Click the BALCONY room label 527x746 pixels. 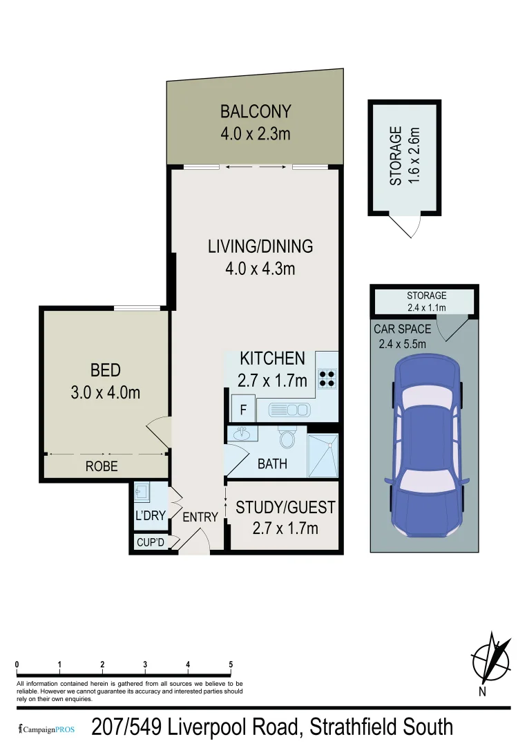pyautogui.click(x=256, y=111)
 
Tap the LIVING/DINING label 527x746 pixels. pyautogui.click(x=260, y=246)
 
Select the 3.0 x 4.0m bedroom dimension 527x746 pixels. pyautogui.click(x=106, y=392)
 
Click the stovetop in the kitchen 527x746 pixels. pyautogui.click(x=327, y=377)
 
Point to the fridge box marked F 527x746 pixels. pyautogui.click(x=242, y=409)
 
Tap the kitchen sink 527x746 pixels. pyautogui.click(x=289, y=410)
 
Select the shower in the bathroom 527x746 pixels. pyautogui.click(x=323, y=456)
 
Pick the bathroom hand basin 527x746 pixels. pyautogui.click(x=242, y=434)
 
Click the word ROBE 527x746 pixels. pyautogui.click(x=102, y=467)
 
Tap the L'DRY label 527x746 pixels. pyautogui.click(x=150, y=516)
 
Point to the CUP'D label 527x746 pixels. pyautogui.click(x=150, y=542)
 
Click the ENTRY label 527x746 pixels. pyautogui.click(x=200, y=517)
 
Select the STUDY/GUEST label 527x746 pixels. pyautogui.click(x=285, y=508)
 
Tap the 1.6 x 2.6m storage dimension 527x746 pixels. pyautogui.click(x=414, y=155)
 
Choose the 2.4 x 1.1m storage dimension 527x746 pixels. pyautogui.click(x=426, y=307)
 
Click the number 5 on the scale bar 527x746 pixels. pyautogui.click(x=231, y=664)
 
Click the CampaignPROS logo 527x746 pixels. pyautogui.click(x=45, y=728)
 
